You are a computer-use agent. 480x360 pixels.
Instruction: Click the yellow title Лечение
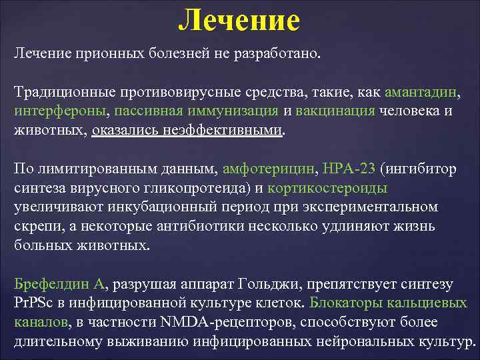pyautogui.click(x=239, y=20)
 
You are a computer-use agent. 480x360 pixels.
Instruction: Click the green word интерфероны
pyautogui.click(x=58, y=111)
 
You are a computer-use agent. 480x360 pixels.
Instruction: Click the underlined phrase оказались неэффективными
pyautogui.click(x=187, y=129)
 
